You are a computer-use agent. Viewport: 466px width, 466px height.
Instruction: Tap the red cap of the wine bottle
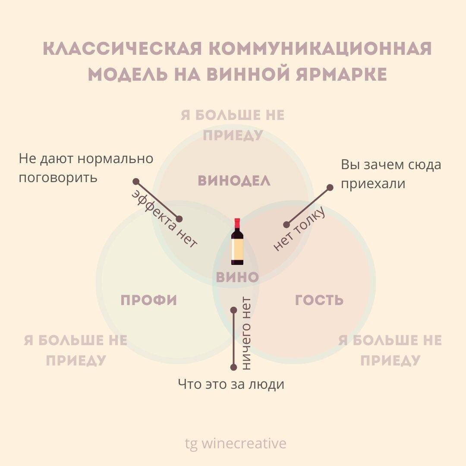[x=237, y=223]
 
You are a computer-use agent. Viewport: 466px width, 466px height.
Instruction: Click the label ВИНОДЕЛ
[x=234, y=181]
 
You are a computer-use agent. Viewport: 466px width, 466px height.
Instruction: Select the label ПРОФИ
[x=149, y=300]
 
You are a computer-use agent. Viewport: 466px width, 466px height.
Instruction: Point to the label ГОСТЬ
[x=319, y=300]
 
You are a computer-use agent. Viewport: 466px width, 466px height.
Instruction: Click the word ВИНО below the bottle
[x=237, y=277]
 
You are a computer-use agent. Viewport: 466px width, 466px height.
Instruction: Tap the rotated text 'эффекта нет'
[x=164, y=218]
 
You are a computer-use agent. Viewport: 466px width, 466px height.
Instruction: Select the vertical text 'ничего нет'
[x=246, y=334]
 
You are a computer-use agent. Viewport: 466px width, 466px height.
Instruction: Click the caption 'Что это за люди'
[x=231, y=384]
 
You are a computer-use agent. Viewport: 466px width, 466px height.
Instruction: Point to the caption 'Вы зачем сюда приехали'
[x=391, y=174]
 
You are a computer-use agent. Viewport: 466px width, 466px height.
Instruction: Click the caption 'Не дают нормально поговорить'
[x=86, y=168]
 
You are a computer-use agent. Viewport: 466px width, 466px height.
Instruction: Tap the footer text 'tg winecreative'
[x=236, y=444]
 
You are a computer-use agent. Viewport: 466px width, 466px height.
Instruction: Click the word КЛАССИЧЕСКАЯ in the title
[x=123, y=49]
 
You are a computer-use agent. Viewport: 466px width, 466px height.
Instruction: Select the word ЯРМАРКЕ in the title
[x=338, y=75]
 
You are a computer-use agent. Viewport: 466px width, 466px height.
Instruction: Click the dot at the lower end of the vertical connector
[x=233, y=367]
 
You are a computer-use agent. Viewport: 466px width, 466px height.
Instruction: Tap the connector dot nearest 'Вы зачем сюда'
[x=330, y=187]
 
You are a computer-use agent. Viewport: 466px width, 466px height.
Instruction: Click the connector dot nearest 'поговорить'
[x=136, y=181]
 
